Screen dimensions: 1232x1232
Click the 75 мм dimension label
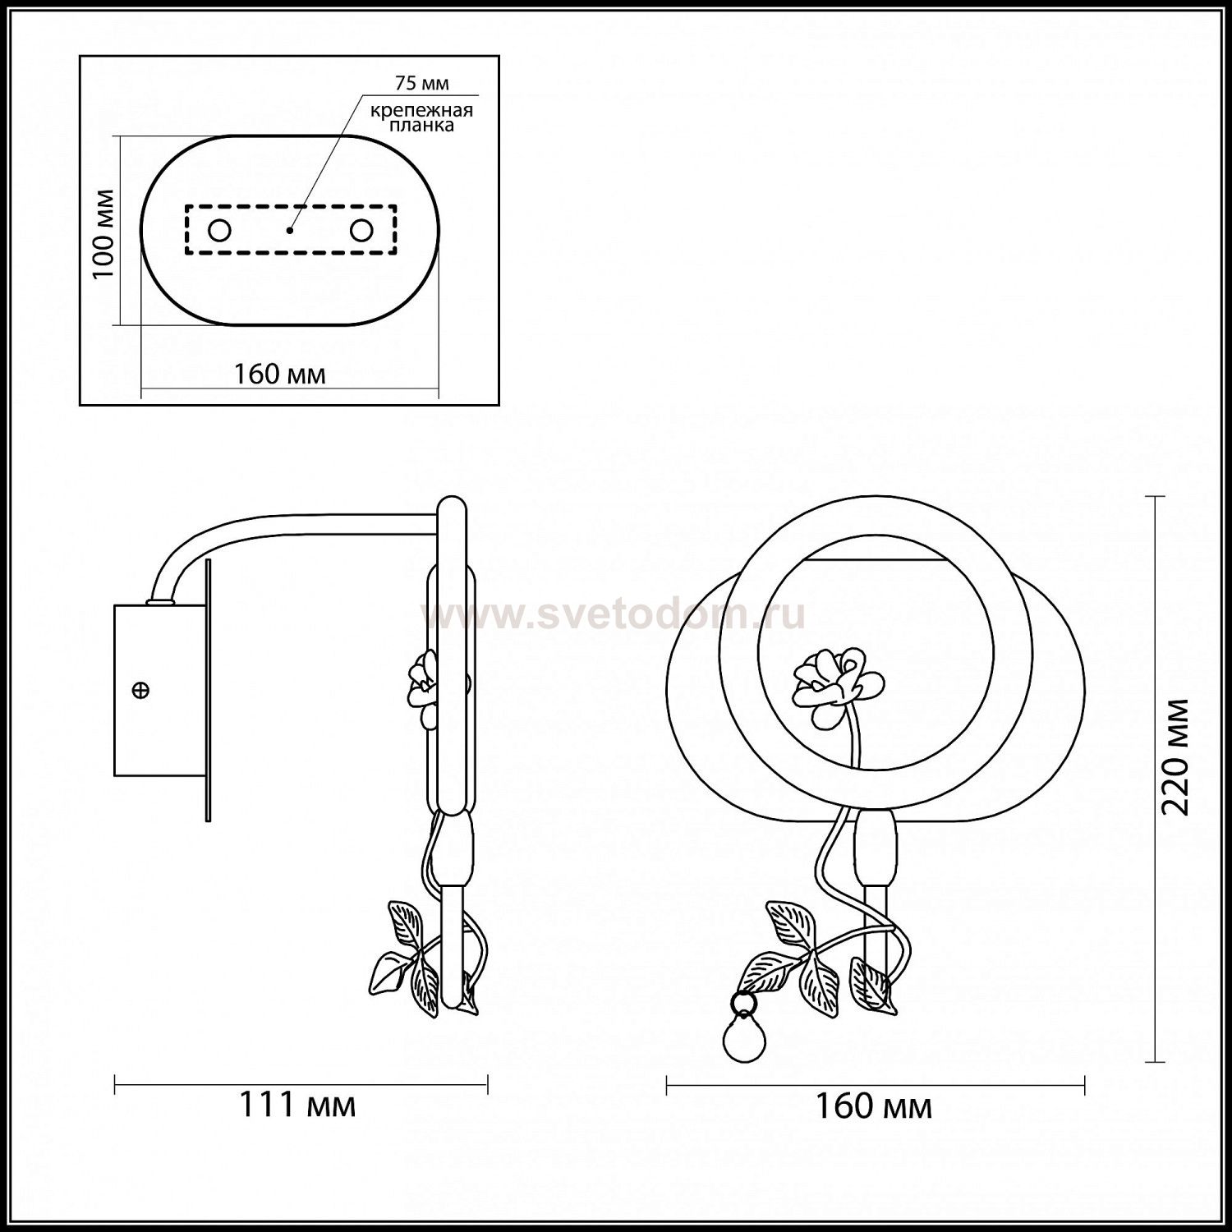422,84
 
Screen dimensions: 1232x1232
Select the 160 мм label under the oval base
279,375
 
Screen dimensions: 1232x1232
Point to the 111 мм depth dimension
297,1106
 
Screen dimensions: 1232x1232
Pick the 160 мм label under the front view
873,1107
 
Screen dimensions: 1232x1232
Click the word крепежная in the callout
421,109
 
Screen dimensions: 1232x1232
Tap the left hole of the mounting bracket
219,231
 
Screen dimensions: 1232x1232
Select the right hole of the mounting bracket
361,231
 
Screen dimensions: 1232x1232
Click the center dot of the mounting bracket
289,231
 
